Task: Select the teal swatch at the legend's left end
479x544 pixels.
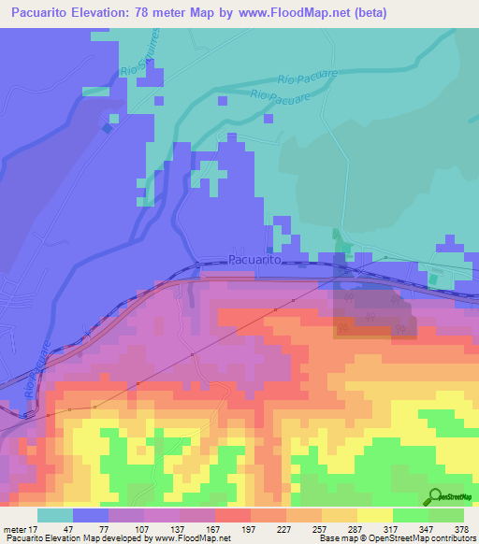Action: click(x=55, y=515)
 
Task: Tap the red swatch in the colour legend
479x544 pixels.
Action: click(x=232, y=515)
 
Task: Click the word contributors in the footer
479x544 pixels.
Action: click(x=451, y=539)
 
